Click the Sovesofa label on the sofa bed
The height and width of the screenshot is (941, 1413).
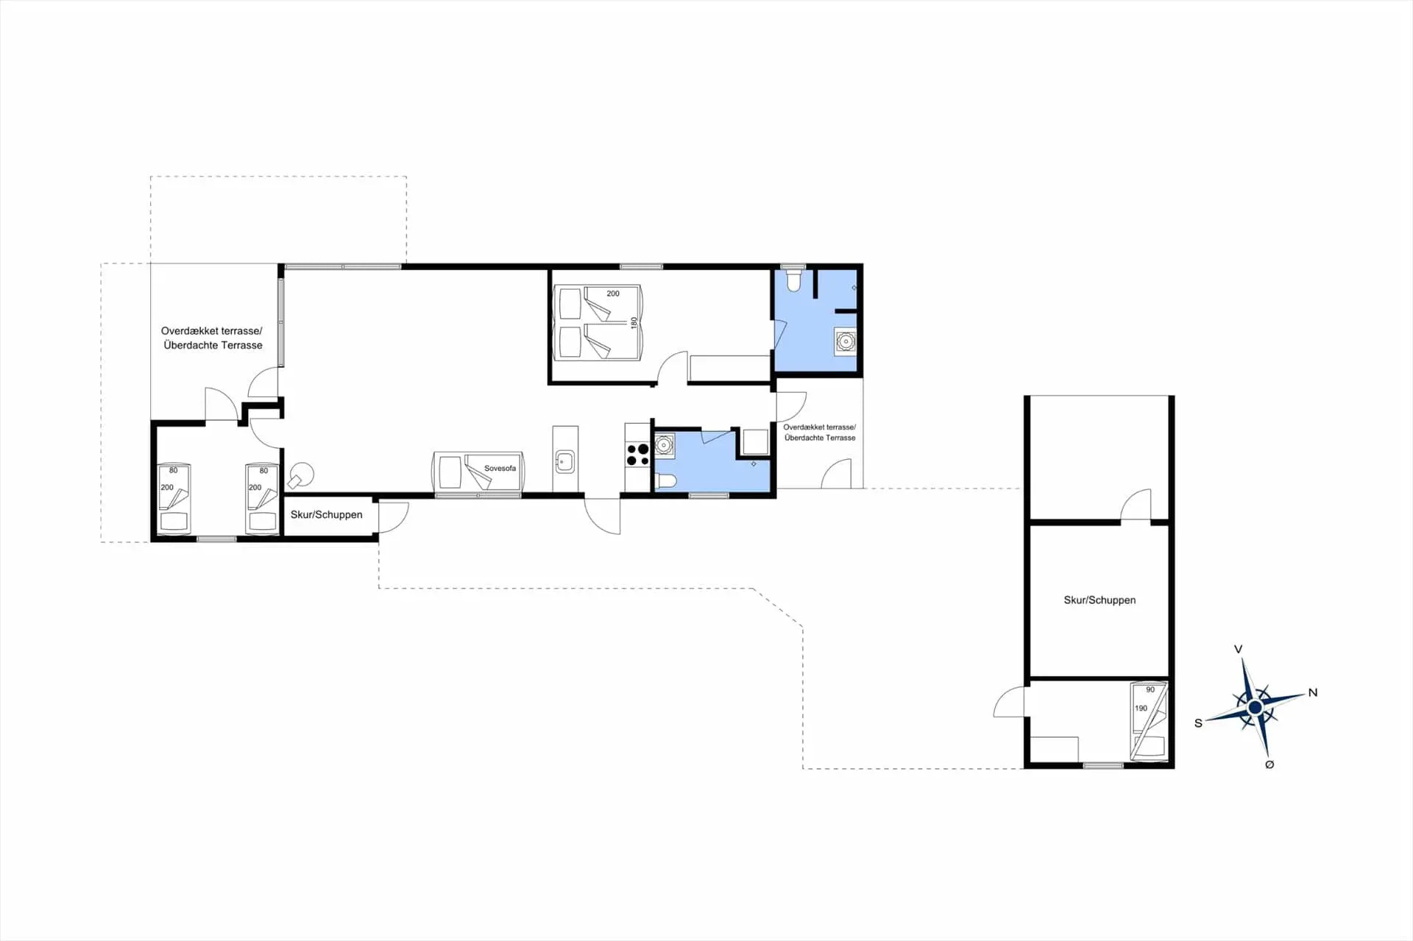[x=500, y=468]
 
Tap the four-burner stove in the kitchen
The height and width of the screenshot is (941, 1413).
[x=637, y=455]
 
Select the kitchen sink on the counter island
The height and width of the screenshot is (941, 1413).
[x=564, y=462]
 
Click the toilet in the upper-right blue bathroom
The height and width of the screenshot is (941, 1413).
[x=793, y=281]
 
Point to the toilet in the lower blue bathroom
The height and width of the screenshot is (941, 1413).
[x=666, y=481]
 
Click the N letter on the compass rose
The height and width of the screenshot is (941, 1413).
[x=1312, y=692]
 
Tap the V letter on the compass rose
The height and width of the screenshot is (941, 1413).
[x=1238, y=649]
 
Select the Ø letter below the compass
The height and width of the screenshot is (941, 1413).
[x=1269, y=764]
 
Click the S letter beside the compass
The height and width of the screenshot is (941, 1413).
[x=1198, y=723]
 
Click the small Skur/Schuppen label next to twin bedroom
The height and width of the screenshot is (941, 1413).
[x=326, y=514]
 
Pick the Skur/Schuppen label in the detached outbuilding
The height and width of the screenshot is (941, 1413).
[x=1099, y=600]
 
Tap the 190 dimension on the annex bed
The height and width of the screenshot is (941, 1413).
[x=1141, y=708]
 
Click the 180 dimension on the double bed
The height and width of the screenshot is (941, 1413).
[x=634, y=322]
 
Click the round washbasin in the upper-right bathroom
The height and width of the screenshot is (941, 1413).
[x=846, y=341]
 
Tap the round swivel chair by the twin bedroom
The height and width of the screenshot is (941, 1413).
[x=301, y=475]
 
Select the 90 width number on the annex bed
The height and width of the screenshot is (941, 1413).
[x=1150, y=689]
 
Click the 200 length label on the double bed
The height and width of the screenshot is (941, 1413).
[x=612, y=293]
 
